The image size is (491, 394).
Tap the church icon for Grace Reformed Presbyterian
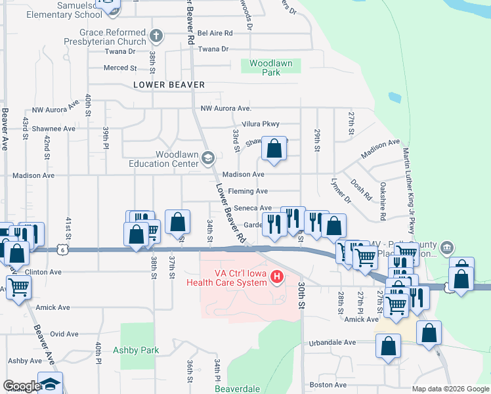click(x=156, y=36)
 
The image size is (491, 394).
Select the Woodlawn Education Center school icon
click(x=208, y=157)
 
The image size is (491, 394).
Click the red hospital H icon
click(x=276, y=278)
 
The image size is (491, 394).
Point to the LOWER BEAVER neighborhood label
click(x=169, y=85)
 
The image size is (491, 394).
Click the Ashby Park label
click(x=136, y=350)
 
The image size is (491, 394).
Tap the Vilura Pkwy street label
click(x=261, y=124)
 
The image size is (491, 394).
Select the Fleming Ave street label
click(x=248, y=191)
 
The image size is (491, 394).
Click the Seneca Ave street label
click(x=253, y=208)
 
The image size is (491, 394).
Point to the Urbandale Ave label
click(x=333, y=342)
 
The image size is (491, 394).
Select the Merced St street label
click(x=119, y=68)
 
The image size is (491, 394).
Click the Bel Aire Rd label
click(x=215, y=33)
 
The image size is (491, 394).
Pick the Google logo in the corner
click(x=21, y=386)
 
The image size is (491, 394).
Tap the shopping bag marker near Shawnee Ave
click(x=274, y=148)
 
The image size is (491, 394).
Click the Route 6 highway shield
click(x=61, y=250)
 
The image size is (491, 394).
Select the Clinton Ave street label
click(x=44, y=272)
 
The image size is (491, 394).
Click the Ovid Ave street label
click(x=64, y=334)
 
